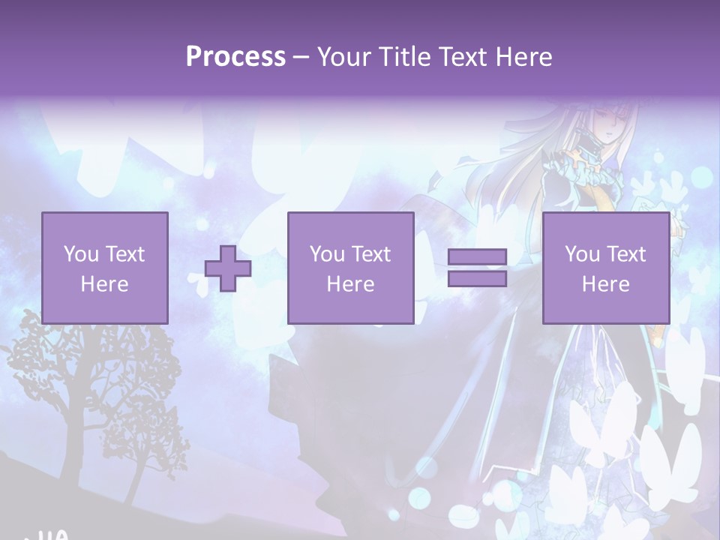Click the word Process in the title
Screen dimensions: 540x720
pyautogui.click(x=235, y=57)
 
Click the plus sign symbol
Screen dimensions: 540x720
pyautogui.click(x=228, y=268)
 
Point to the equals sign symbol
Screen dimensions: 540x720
pyautogui.click(x=477, y=268)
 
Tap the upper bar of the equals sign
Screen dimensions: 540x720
pyautogui.click(x=477, y=257)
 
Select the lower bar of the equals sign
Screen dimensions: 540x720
pyautogui.click(x=477, y=278)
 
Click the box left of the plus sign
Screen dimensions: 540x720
pyautogui.click(x=105, y=268)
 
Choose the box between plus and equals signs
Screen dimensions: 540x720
pyautogui.click(x=350, y=268)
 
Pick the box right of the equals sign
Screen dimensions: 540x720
pyautogui.click(x=606, y=268)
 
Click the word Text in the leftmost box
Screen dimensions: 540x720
pyautogui.click(x=124, y=254)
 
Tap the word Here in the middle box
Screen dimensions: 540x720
pyautogui.click(x=350, y=284)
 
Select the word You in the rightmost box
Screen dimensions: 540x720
pyautogui.click(x=582, y=254)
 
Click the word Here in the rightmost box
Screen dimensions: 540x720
pyautogui.click(x=605, y=284)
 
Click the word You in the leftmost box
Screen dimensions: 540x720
pyautogui.click(x=81, y=254)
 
